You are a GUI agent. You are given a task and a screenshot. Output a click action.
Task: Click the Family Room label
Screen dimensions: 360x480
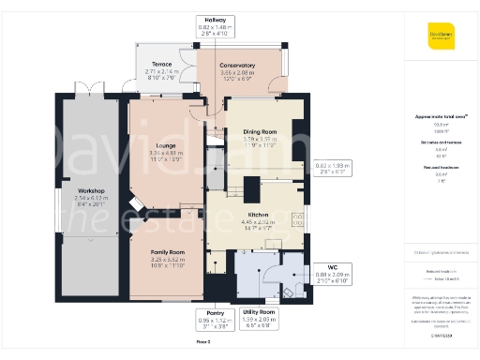170,253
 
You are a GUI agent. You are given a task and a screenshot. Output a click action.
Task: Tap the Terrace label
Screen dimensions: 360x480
161,65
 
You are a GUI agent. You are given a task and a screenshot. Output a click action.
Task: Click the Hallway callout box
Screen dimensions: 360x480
215,26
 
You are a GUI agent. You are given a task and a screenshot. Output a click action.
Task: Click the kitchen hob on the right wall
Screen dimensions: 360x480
297,219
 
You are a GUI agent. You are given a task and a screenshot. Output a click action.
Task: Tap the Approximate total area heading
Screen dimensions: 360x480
441,116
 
